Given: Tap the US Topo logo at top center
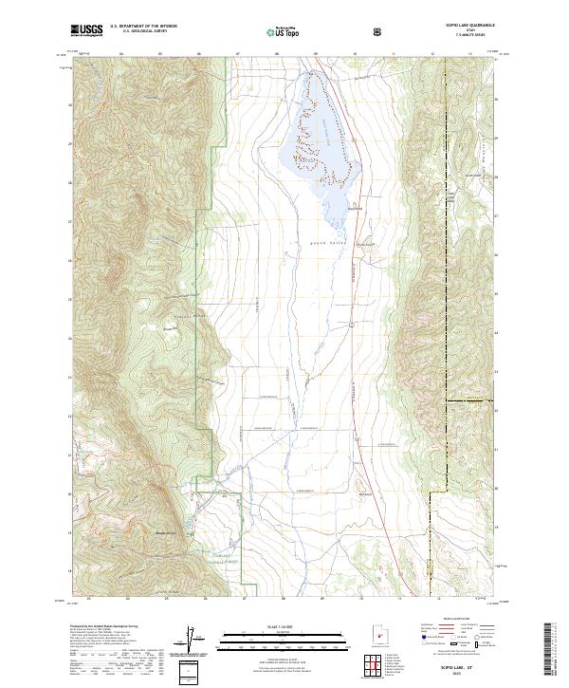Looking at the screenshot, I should [x=285, y=32].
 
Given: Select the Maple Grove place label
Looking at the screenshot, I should [x=168, y=535].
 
